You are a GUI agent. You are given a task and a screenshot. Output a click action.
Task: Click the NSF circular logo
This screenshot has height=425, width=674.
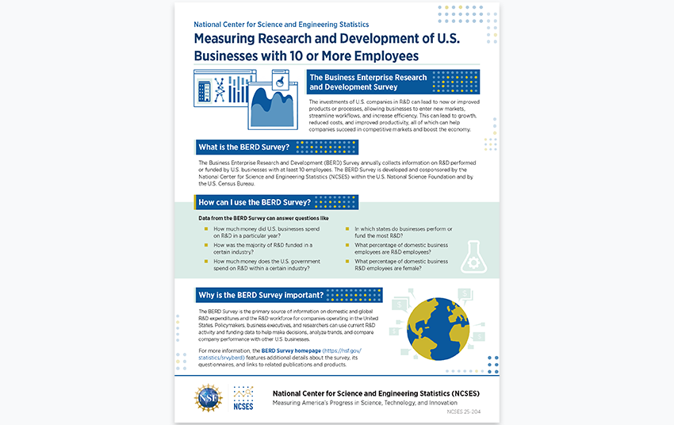click(209, 396)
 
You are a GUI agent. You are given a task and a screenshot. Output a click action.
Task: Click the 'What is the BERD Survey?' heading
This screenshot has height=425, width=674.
click(244, 147)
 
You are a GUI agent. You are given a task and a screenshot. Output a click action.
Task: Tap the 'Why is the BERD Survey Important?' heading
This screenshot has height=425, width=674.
click(261, 295)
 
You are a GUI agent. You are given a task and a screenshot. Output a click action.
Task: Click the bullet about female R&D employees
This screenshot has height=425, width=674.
click(401, 265)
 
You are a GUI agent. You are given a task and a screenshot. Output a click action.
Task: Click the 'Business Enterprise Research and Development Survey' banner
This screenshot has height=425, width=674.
click(368, 82)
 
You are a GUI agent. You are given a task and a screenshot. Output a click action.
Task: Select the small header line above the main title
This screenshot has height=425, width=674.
click(281, 25)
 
